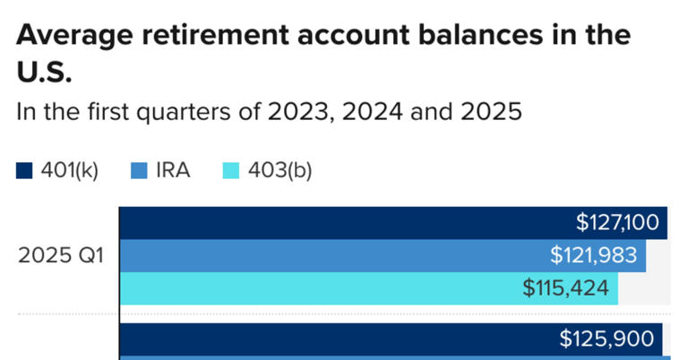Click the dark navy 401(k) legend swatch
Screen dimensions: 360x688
(25, 170)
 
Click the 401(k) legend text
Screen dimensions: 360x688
(70, 170)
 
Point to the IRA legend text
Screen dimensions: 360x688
(172, 170)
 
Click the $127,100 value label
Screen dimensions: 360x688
(617, 223)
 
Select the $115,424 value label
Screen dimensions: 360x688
(566, 288)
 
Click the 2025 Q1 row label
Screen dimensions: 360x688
(62, 256)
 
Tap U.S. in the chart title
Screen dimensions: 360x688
(44, 73)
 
